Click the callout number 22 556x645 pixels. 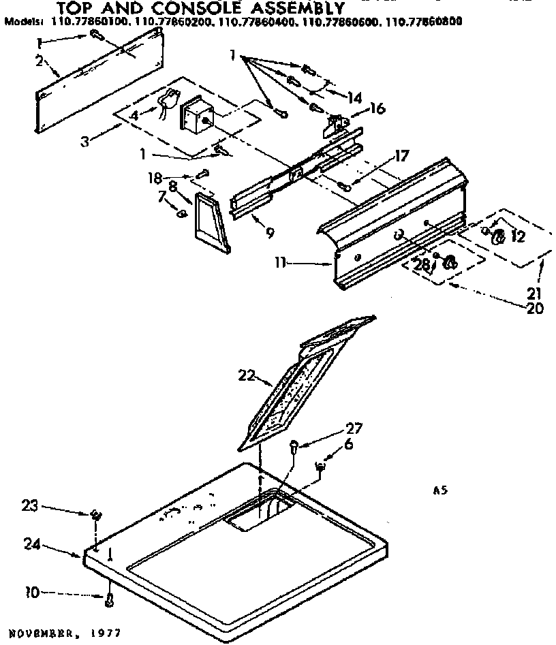tap(247, 375)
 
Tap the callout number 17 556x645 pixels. tap(401, 156)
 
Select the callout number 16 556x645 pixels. tap(377, 108)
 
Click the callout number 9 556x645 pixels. tap(271, 233)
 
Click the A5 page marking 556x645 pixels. tap(439, 489)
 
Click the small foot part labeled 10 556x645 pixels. tap(109, 599)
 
